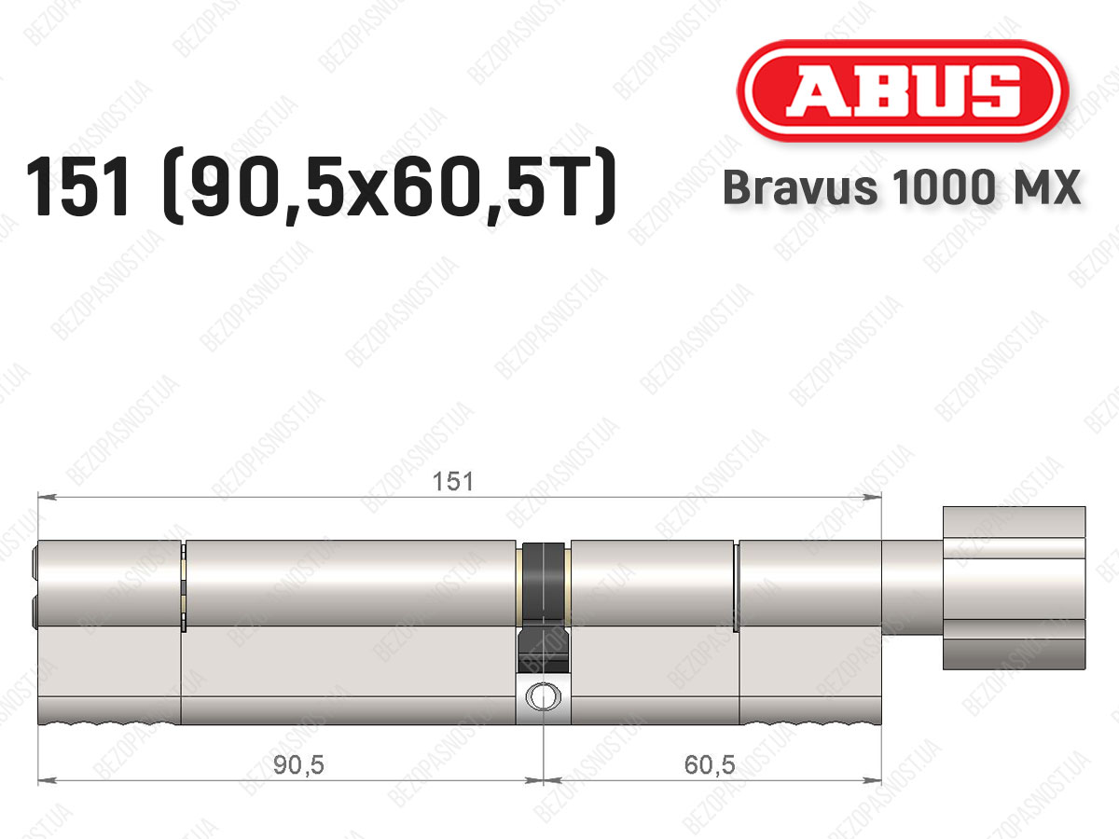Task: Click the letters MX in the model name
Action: coord(1051,187)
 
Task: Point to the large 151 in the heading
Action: coord(76,187)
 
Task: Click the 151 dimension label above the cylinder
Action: coord(452,481)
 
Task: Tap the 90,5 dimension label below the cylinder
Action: coord(298,765)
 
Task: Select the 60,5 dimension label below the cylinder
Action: coord(710,765)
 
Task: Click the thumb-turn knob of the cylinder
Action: coord(1014,587)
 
